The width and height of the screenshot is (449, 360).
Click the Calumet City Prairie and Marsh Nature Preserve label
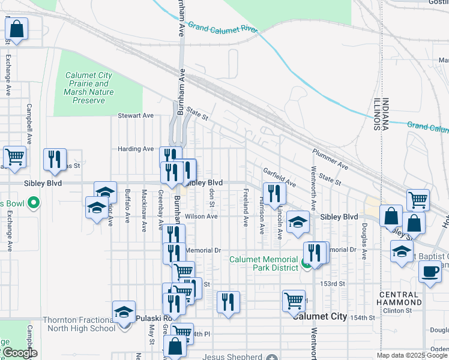(88, 88)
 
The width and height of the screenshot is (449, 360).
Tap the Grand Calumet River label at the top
(223, 28)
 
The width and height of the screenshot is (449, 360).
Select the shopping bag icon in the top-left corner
(17, 29)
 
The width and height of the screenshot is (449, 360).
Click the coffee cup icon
(429, 272)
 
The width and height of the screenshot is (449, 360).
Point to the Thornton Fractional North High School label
(79, 324)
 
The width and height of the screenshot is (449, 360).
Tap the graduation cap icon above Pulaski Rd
(124, 312)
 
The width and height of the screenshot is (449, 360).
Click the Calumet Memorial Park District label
(264, 263)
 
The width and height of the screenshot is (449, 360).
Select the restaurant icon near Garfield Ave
(274, 194)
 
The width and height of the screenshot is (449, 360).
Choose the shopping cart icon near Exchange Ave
(14, 158)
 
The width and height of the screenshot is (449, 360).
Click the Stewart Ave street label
(136, 115)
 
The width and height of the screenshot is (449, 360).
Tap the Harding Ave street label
(136, 149)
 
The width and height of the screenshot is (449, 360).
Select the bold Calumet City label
(320, 316)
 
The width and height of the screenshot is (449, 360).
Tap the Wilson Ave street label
(201, 216)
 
